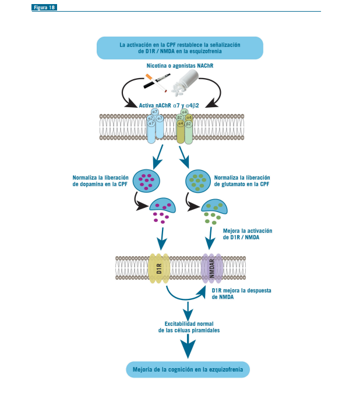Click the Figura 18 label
(x=45, y=7)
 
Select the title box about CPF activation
(x=180, y=48)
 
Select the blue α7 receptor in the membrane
(x=154, y=125)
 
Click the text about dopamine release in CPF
(x=100, y=181)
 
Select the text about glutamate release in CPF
(x=242, y=181)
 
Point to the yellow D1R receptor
(x=159, y=268)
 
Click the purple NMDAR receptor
(x=212, y=269)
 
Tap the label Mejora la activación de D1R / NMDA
(x=248, y=234)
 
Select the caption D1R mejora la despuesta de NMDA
(x=242, y=293)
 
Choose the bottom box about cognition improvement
(x=188, y=369)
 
